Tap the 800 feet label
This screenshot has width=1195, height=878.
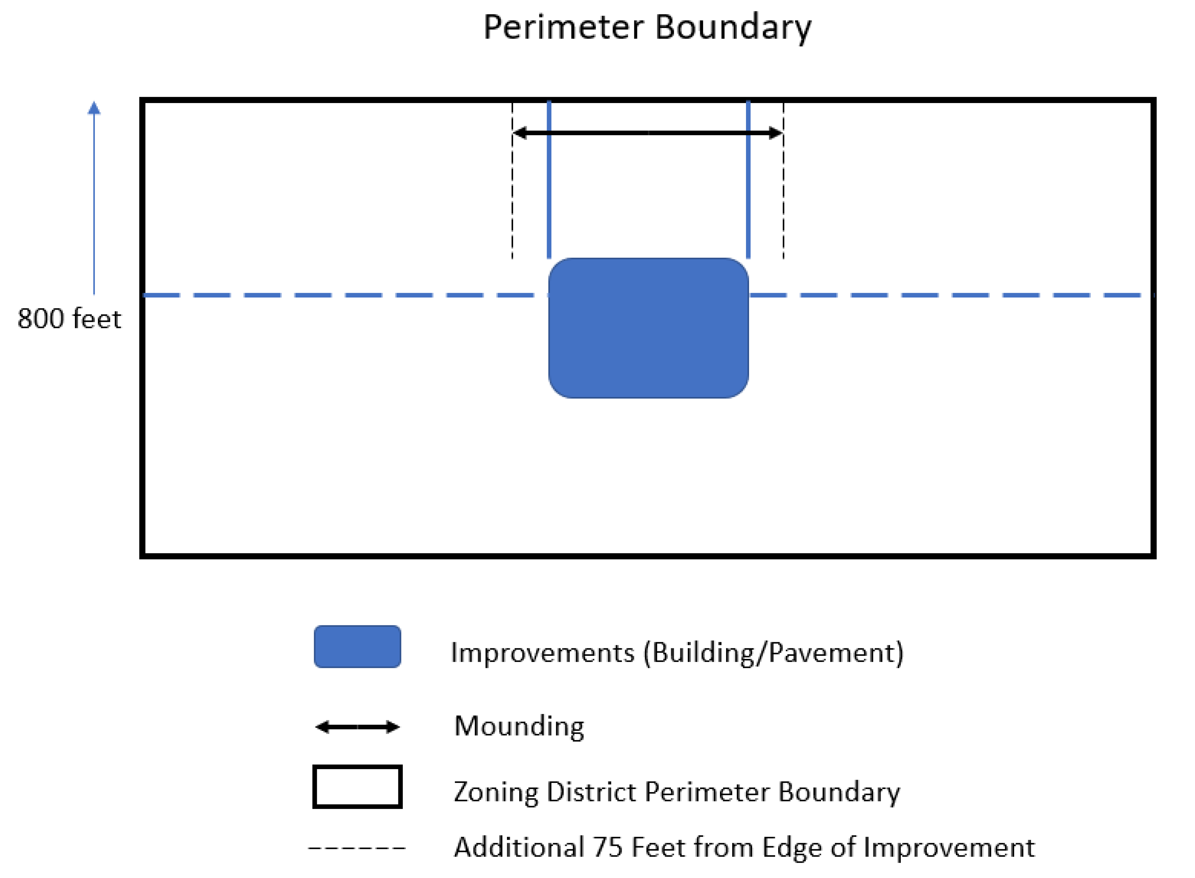click(69, 319)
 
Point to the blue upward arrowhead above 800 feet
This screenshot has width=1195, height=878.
click(94, 108)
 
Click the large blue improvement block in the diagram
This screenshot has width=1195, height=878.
click(648, 328)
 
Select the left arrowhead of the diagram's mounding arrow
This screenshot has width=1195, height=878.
click(519, 133)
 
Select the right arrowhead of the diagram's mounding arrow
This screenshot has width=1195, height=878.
click(776, 133)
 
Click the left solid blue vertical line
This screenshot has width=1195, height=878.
click(549, 180)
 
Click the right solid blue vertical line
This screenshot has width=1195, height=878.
click(748, 180)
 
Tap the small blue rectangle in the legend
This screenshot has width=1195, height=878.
click(357, 646)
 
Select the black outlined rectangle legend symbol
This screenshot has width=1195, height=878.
click(357, 787)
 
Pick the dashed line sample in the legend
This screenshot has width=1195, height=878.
click(357, 848)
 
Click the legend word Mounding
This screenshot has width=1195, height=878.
click(519, 726)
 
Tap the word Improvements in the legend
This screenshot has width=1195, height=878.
click(543, 653)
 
